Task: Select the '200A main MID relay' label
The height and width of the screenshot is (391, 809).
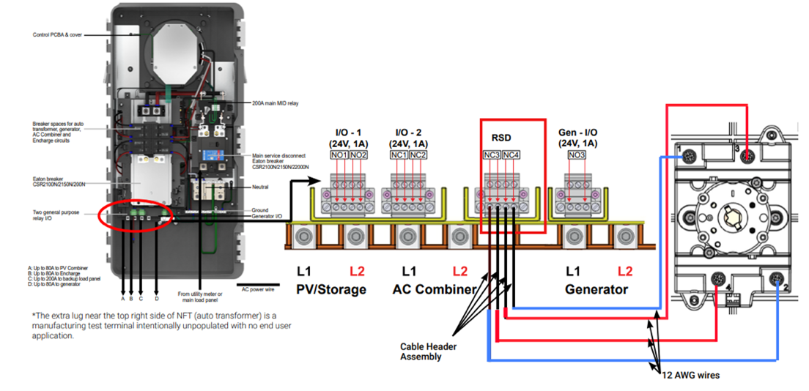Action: click(276, 103)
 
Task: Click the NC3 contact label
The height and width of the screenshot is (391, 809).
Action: click(492, 156)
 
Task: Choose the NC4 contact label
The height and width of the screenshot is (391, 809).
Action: click(511, 156)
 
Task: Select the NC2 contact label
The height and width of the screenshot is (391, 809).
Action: click(417, 155)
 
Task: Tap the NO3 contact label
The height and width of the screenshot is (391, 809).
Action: click(577, 155)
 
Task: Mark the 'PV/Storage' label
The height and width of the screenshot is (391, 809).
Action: click(330, 289)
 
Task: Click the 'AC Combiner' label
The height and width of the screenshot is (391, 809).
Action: click(435, 289)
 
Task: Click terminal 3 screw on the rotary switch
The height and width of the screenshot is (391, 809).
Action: click(746, 156)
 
